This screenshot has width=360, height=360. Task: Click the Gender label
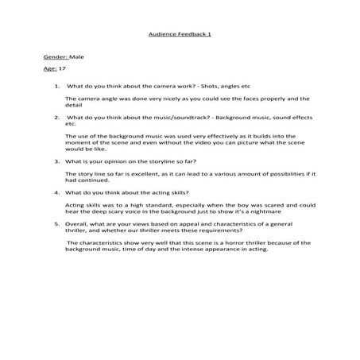[56, 59]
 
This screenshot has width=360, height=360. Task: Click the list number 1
[56, 87]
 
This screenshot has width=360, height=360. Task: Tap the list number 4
[56, 192]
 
